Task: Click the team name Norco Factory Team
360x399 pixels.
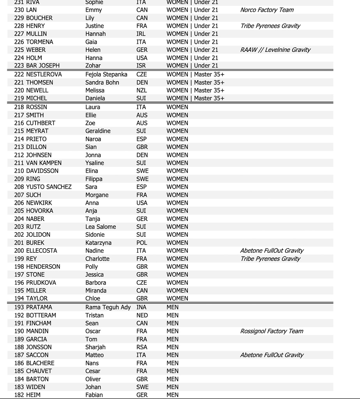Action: click(x=267, y=10)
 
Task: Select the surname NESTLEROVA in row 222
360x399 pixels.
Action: click(x=44, y=74)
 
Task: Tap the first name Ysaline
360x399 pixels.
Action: click(x=95, y=163)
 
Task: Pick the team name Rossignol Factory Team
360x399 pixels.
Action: click(x=272, y=331)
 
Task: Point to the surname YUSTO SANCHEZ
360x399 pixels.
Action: click(x=49, y=187)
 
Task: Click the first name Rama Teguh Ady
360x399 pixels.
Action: click(x=108, y=307)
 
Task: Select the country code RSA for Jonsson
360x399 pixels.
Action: click(x=142, y=347)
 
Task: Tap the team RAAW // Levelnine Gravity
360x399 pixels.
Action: click(x=275, y=50)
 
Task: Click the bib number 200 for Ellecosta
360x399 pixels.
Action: click(x=19, y=251)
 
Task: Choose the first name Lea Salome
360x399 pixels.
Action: click(x=101, y=227)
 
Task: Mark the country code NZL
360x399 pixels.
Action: click(x=142, y=90)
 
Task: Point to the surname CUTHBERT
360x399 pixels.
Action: click(x=41, y=123)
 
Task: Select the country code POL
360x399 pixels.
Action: click(x=141, y=243)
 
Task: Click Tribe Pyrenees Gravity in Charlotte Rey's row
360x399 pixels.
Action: click(x=270, y=259)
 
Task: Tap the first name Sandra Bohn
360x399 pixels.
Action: click(x=102, y=83)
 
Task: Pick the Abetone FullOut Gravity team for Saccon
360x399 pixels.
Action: click(x=272, y=355)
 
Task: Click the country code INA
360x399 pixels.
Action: click(x=141, y=307)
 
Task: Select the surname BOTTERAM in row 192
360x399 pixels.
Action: click(x=41, y=315)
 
